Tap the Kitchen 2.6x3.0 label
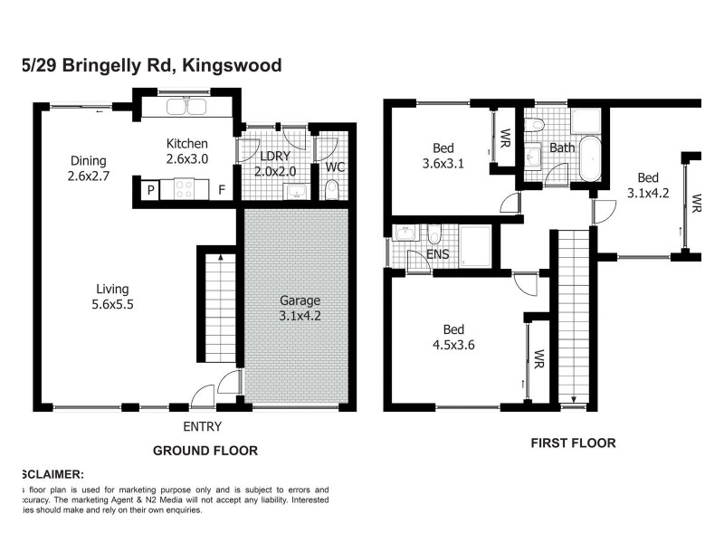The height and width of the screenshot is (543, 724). [x=187, y=151]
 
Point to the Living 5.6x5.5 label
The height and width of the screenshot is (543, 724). [x=113, y=297]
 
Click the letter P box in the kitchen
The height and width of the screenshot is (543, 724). [x=150, y=190]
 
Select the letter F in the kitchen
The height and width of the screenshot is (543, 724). [x=221, y=190]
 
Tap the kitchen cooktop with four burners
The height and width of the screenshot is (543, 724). [x=185, y=189]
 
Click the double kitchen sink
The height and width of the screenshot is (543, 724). [x=187, y=109]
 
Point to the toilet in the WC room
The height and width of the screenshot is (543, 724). [x=331, y=188]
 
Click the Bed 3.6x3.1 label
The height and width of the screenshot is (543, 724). [x=443, y=157]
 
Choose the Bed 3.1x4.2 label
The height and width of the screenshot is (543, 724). [x=647, y=185]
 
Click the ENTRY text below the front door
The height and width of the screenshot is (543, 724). [x=203, y=426]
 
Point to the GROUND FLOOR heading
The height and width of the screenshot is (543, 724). [x=205, y=451]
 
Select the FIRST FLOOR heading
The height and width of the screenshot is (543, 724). [x=572, y=443]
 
